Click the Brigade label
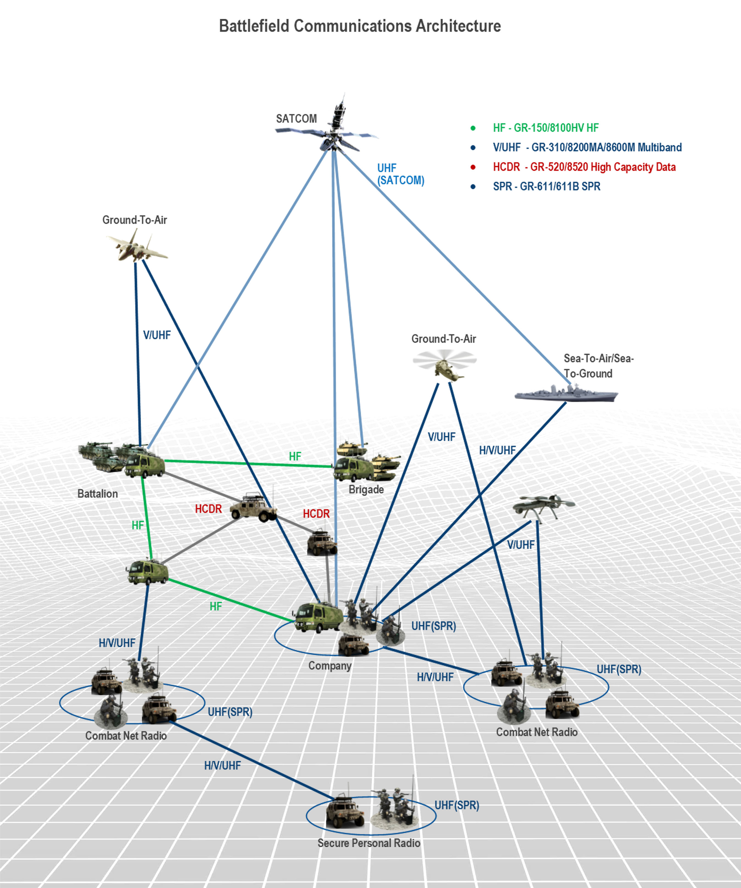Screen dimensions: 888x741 366,490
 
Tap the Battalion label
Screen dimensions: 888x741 98,494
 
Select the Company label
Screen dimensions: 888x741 329,666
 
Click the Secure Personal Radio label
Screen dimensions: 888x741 369,843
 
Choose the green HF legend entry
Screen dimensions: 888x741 546,128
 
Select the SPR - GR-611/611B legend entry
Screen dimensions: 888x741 546,187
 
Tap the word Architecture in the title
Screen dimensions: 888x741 458,26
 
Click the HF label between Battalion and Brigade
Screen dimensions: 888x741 295,457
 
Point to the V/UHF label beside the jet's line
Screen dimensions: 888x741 157,335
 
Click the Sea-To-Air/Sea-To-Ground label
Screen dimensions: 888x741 598,366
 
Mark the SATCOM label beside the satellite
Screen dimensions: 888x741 296,119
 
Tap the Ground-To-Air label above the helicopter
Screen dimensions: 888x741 444,339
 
